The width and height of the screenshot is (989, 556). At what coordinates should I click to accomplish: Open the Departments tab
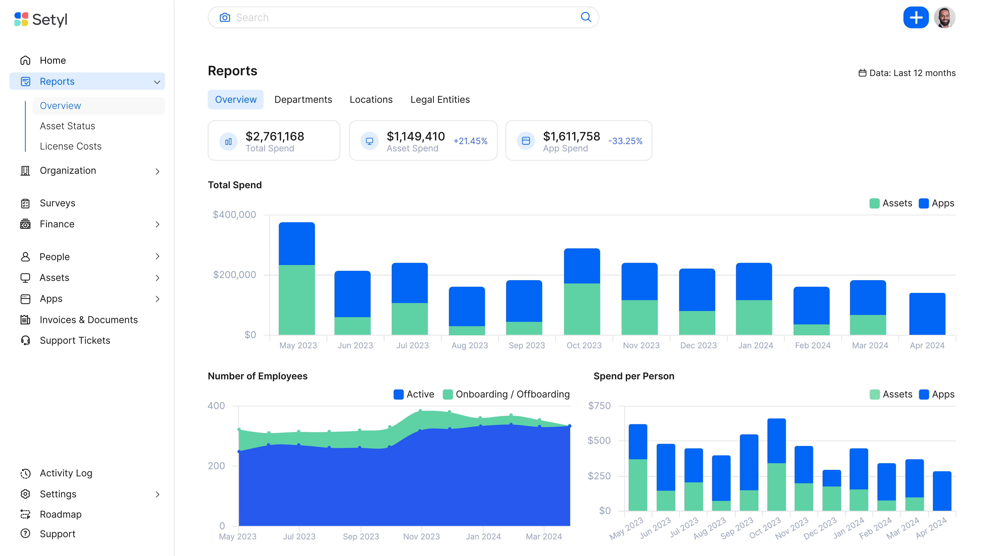click(x=303, y=99)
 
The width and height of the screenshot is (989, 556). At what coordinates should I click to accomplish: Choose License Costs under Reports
click(x=71, y=146)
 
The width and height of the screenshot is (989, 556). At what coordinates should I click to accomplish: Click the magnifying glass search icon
click(x=586, y=17)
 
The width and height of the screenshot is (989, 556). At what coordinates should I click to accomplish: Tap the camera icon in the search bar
click(x=225, y=18)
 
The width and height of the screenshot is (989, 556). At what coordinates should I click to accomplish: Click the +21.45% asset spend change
click(x=470, y=141)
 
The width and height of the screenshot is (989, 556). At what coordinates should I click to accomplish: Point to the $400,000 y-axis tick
click(x=234, y=215)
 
